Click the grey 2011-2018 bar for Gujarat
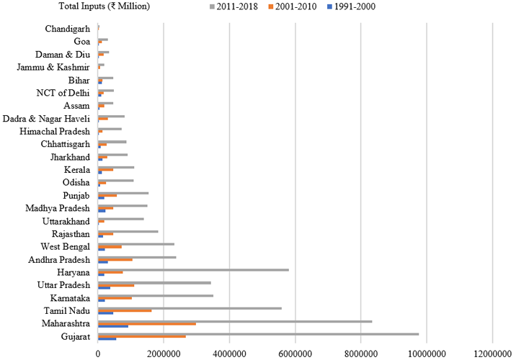(258, 334)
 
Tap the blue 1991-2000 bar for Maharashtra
(113, 327)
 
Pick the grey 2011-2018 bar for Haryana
(193, 270)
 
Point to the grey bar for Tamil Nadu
(190, 308)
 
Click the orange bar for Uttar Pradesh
(116, 285)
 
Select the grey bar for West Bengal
(136, 244)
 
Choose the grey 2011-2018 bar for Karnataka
(156, 295)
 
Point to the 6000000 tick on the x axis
(295, 353)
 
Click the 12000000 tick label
(493, 353)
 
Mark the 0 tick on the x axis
(98, 353)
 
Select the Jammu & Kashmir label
(53, 67)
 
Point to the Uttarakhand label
(66, 221)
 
